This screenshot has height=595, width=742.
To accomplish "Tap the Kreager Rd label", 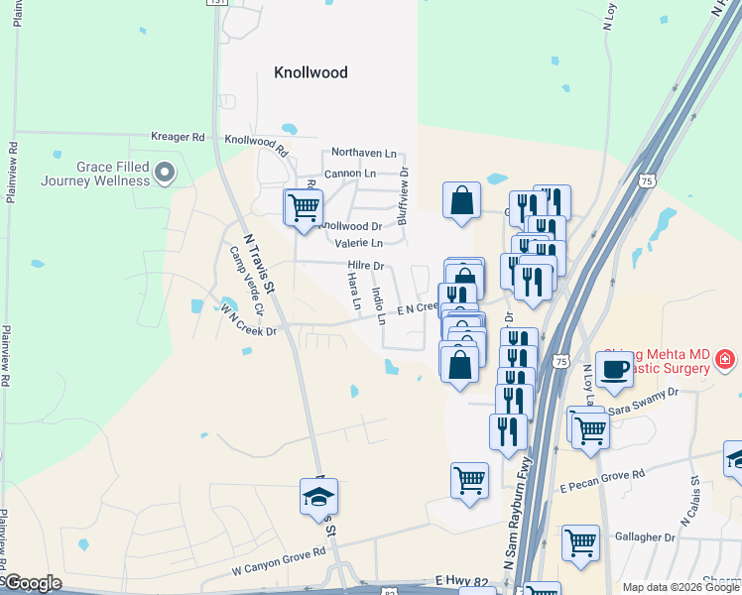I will click(x=178, y=137).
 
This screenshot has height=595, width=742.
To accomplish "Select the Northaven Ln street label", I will click(x=363, y=154).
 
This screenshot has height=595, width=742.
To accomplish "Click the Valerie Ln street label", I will click(x=359, y=243).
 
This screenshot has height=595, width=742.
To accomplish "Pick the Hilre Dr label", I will click(x=366, y=266).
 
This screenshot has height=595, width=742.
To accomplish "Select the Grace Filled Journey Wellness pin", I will click(x=166, y=175).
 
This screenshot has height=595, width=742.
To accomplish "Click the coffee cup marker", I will click(x=615, y=368).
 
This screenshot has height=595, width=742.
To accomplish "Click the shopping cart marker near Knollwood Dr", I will click(x=304, y=207).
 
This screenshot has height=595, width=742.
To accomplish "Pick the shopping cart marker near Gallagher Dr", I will click(x=580, y=542).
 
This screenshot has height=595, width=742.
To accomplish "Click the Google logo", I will click(x=32, y=583).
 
